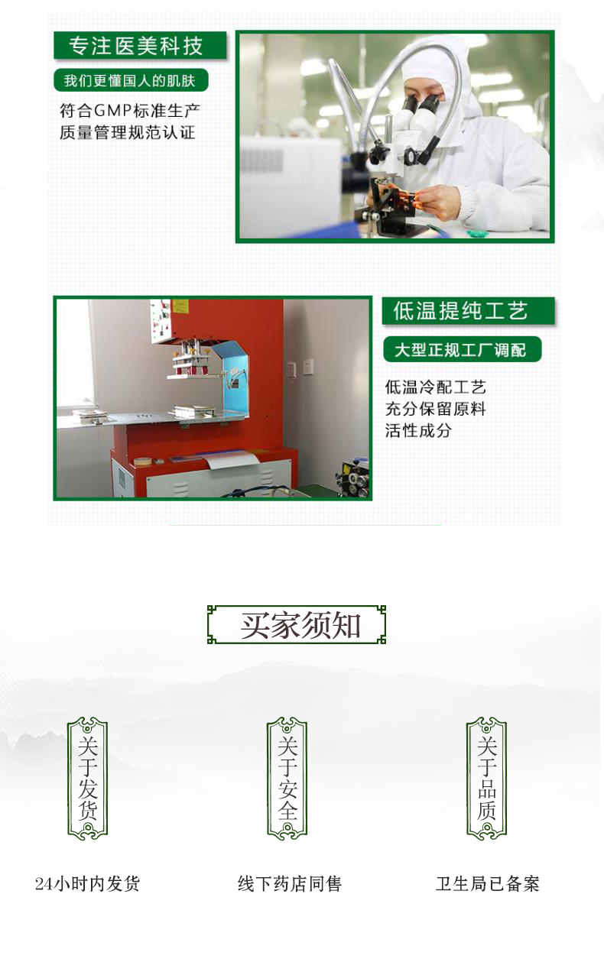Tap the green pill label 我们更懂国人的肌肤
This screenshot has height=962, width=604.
131,80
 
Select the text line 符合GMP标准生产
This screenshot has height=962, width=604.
130,110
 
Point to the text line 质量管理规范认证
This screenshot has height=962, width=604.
128,132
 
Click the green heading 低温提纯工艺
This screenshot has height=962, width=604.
462,311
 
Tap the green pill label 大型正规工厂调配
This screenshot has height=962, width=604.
461,350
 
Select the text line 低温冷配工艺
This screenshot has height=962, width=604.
435,387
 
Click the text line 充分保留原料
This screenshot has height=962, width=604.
435,409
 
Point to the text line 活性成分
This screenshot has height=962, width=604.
418,430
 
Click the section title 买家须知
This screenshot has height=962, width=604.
297,625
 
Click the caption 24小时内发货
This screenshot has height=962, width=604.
88,884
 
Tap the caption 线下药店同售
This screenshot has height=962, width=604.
289,884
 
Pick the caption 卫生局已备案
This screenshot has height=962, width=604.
488,884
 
